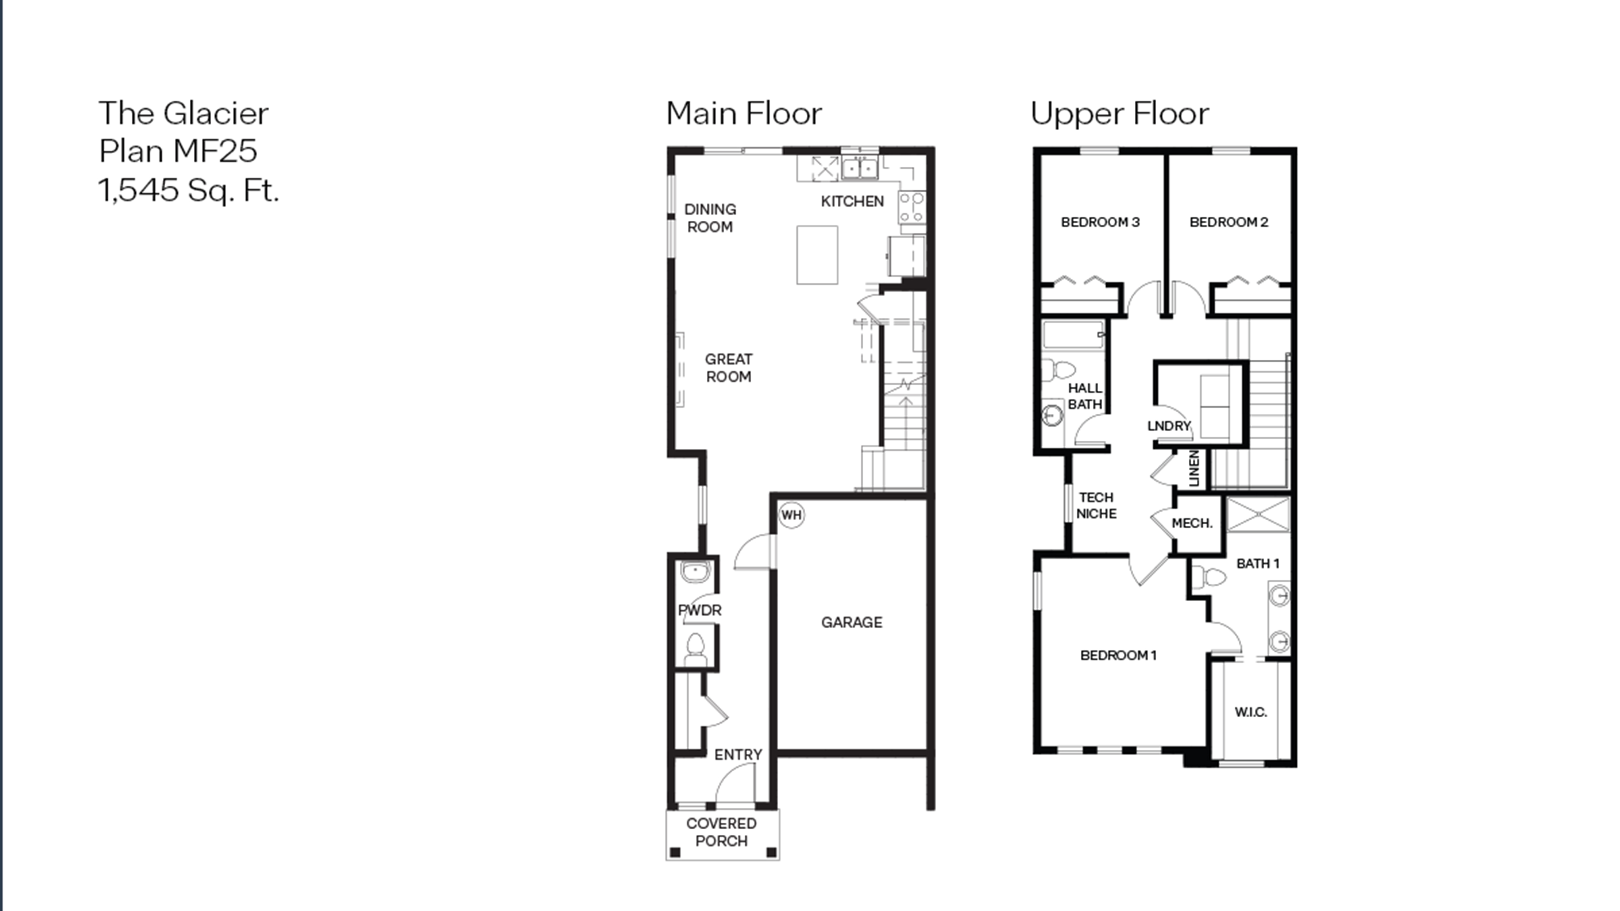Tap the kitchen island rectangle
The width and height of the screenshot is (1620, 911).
click(x=817, y=255)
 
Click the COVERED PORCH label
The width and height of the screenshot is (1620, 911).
click(x=721, y=832)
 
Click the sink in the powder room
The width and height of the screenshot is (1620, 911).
click(x=695, y=572)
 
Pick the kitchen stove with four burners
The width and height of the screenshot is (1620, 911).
click(x=911, y=208)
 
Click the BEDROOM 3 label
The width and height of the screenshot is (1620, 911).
click(x=1100, y=222)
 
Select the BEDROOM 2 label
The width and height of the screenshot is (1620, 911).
click(x=1228, y=222)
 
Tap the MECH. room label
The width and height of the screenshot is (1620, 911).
click(x=1192, y=523)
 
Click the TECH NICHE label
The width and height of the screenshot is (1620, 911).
click(x=1096, y=505)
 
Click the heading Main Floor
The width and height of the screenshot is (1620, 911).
click(x=744, y=114)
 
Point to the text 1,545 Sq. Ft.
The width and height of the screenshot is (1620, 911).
click(x=188, y=190)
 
